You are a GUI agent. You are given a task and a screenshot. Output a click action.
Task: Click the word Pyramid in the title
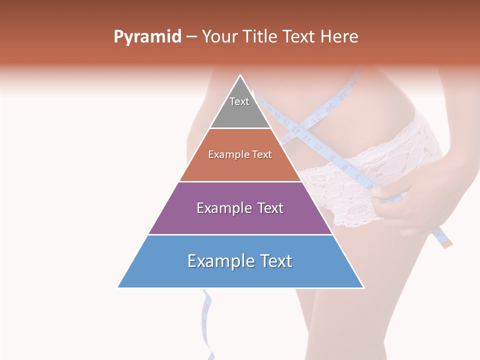click(x=147, y=37)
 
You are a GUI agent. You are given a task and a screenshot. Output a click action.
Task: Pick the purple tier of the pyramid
click(x=240, y=220)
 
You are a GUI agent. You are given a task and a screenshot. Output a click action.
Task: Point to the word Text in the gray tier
click(x=239, y=101)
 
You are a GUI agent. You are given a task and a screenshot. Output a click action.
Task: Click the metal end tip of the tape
click(x=448, y=243)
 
